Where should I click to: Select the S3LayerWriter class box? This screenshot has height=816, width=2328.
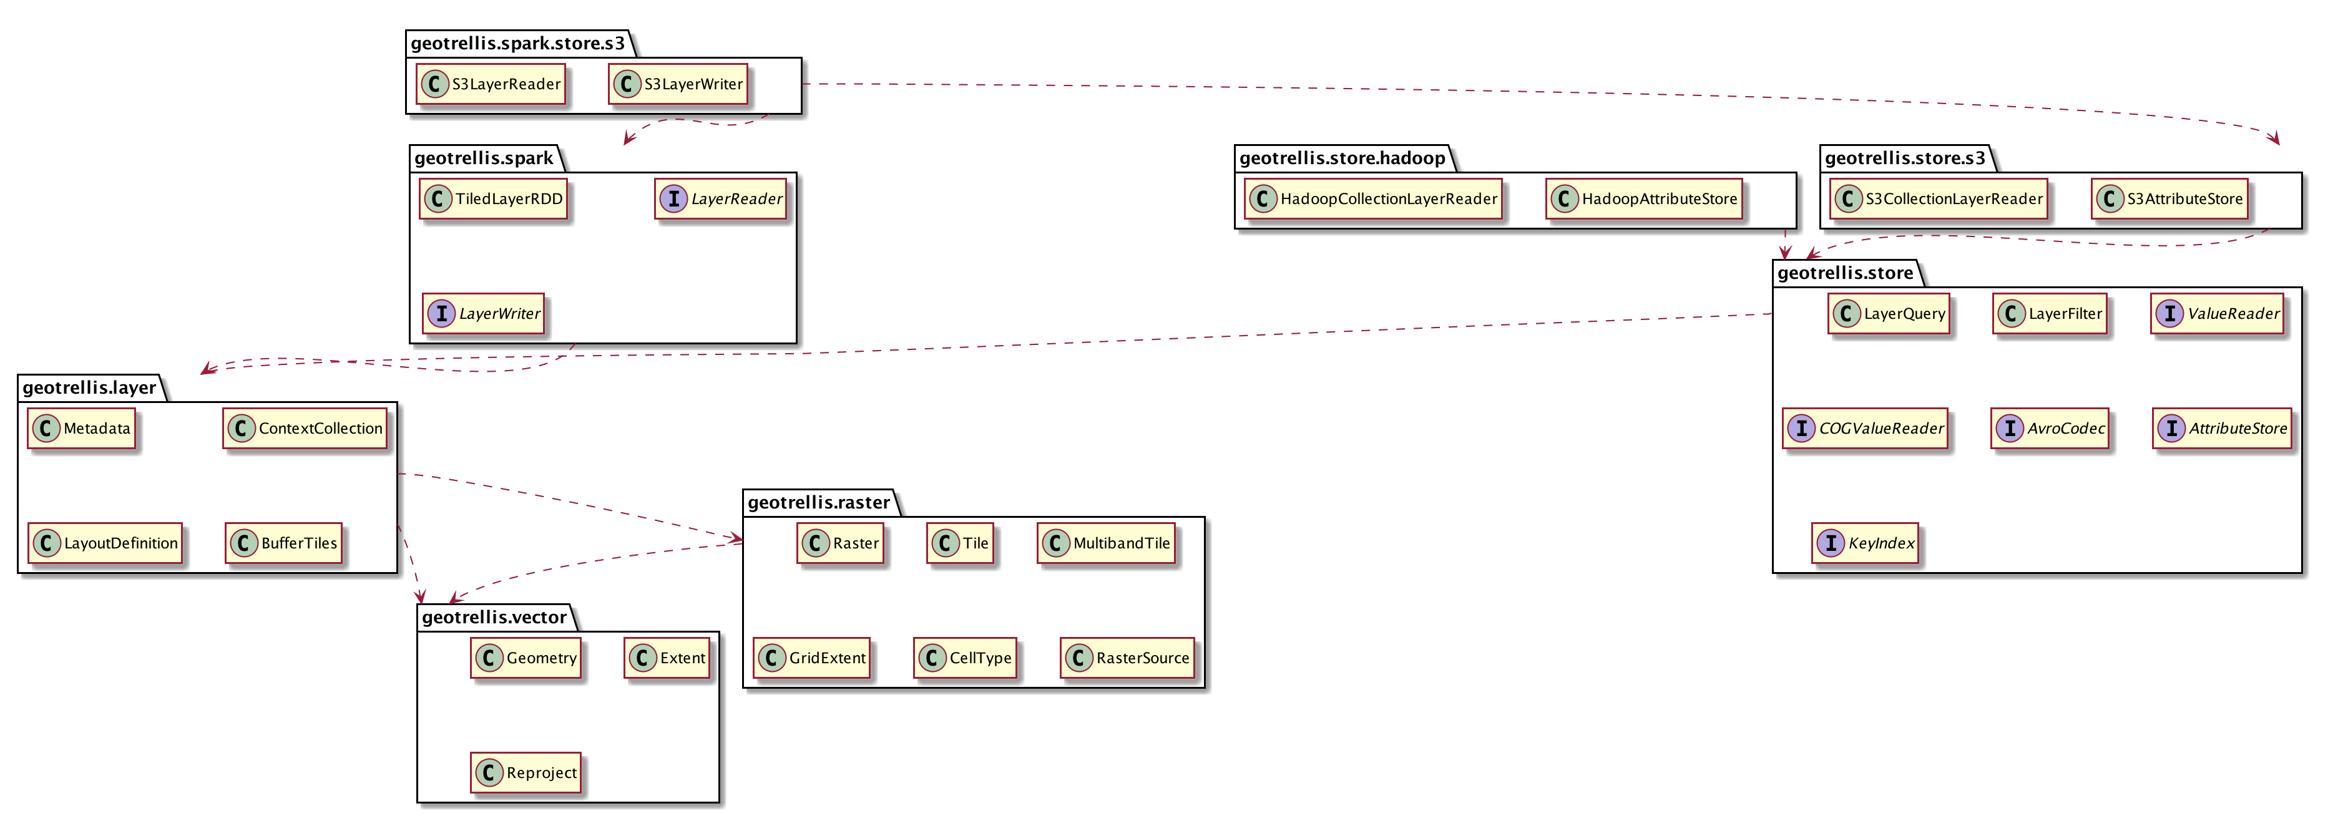pos(678,84)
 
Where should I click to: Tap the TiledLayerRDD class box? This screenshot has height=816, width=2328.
pos(494,199)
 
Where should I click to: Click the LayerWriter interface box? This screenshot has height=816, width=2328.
pos(484,314)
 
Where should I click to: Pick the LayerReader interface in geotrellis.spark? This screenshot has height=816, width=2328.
pos(721,199)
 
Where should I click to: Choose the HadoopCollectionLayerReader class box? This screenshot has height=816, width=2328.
pos(1372,199)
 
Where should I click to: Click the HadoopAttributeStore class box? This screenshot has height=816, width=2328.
pos(1644,199)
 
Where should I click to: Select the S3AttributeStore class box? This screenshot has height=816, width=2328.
pos(2169,199)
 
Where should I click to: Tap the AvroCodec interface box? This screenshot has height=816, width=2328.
pos(2050,429)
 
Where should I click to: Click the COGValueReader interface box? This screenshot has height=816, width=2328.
pos(1866,429)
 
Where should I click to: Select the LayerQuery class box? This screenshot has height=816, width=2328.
pos(1889,314)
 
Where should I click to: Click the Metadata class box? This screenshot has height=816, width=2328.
pos(81,429)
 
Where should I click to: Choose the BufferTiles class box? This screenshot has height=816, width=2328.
pos(284,543)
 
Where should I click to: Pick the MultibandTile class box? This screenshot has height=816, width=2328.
pos(1106,543)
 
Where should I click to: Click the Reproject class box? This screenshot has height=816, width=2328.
pos(526,772)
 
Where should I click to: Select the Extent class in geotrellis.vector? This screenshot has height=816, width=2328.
pos(667,658)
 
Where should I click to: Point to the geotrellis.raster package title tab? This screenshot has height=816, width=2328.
pos(818,502)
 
